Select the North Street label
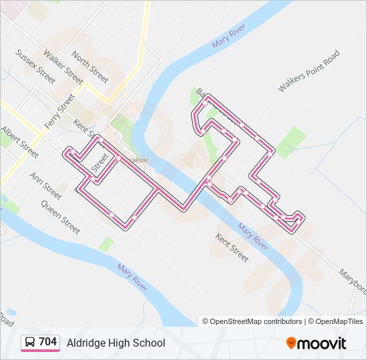pyautogui.click(x=89, y=67)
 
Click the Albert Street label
pyautogui.click(x=19, y=142)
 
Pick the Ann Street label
pyautogui.click(x=45, y=186)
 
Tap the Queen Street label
pyautogui.click(x=60, y=217)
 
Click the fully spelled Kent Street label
pyautogui.click(x=231, y=247)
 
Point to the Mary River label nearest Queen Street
pyautogui.click(x=131, y=277)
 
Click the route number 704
pyautogui.click(x=47, y=342)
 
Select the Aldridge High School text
pyautogui.click(x=115, y=343)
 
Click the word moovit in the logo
pyautogui.click(x=322, y=343)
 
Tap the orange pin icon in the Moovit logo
pyautogui.click(x=291, y=343)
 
